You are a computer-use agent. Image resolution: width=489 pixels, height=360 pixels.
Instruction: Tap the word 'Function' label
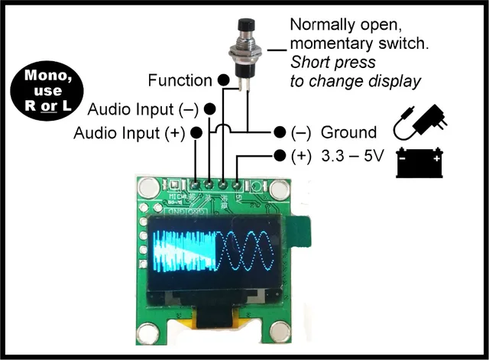(x=180, y=79)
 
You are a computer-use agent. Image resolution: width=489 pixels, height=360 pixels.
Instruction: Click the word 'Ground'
(x=349, y=132)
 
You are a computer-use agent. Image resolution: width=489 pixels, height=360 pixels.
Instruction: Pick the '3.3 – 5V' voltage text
(x=352, y=157)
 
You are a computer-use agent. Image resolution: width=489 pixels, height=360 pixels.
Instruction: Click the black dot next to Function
(x=223, y=79)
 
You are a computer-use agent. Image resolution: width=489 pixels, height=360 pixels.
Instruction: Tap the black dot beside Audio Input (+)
(x=196, y=133)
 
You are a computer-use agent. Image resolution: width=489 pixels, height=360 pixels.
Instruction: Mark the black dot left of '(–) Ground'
(x=279, y=132)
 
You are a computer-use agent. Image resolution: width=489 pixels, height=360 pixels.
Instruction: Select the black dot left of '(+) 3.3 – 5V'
(x=279, y=157)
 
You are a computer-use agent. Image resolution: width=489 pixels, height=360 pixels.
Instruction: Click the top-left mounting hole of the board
(x=151, y=186)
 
